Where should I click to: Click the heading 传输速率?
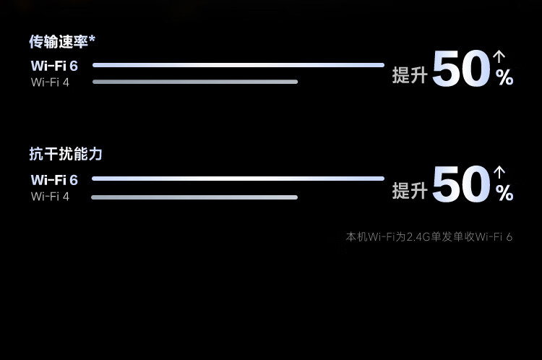pyautogui.click(x=59, y=42)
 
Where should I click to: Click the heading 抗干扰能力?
pyautogui.click(x=66, y=154)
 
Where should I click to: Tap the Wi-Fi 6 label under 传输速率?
pyautogui.click(x=54, y=66)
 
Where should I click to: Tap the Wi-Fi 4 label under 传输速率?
pyautogui.click(x=50, y=82)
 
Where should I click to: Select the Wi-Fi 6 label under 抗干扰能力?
pyautogui.click(x=54, y=180)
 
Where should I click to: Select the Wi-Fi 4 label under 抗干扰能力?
pyautogui.click(x=50, y=196)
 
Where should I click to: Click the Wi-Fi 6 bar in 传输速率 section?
pyautogui.click(x=238, y=65)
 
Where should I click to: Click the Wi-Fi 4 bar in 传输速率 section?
pyautogui.click(x=195, y=82)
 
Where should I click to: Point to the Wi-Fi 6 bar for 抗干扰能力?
pyautogui.click(x=238, y=179)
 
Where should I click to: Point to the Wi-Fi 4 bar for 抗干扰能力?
pyautogui.click(x=194, y=197)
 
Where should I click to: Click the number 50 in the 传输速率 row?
pyautogui.click(x=461, y=71)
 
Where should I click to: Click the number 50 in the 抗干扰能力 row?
pyautogui.click(x=461, y=185)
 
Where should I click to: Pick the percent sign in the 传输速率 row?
pyautogui.click(x=504, y=78)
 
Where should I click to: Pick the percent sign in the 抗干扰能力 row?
pyautogui.click(x=504, y=193)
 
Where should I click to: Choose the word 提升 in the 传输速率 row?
pyautogui.click(x=410, y=74)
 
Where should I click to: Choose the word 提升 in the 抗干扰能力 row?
pyautogui.click(x=410, y=190)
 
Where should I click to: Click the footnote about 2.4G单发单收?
pyautogui.click(x=429, y=236)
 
